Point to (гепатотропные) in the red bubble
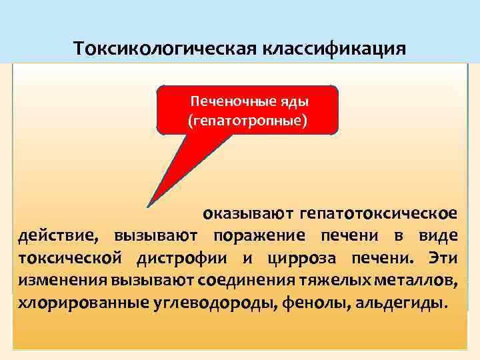click(x=247, y=122)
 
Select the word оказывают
click(x=248, y=214)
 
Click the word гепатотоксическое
click(x=378, y=214)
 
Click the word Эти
click(x=441, y=258)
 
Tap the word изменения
click(x=54, y=281)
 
